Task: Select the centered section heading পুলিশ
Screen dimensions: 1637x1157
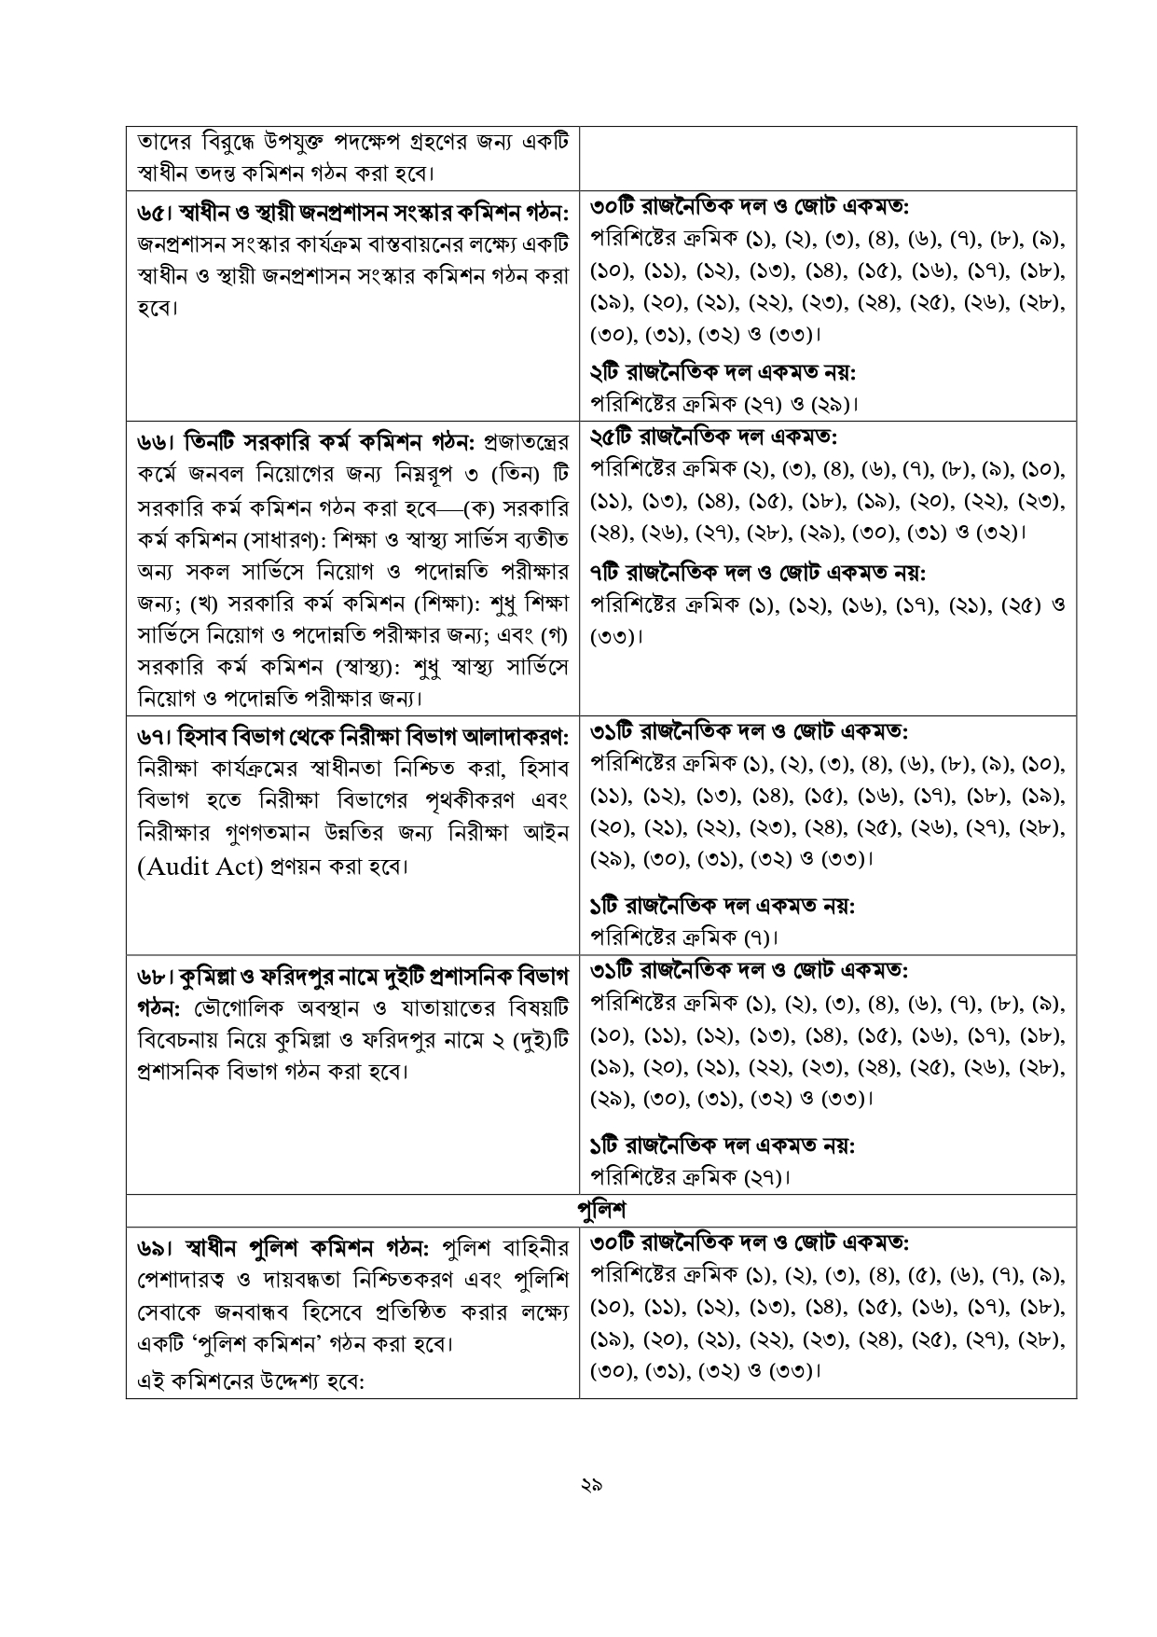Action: coord(601,1210)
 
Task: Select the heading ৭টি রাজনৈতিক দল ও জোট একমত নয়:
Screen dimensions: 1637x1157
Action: coord(759,572)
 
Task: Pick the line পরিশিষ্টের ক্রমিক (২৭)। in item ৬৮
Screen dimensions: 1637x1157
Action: coord(691,1176)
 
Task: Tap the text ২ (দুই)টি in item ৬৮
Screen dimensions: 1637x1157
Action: coord(525,1038)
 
